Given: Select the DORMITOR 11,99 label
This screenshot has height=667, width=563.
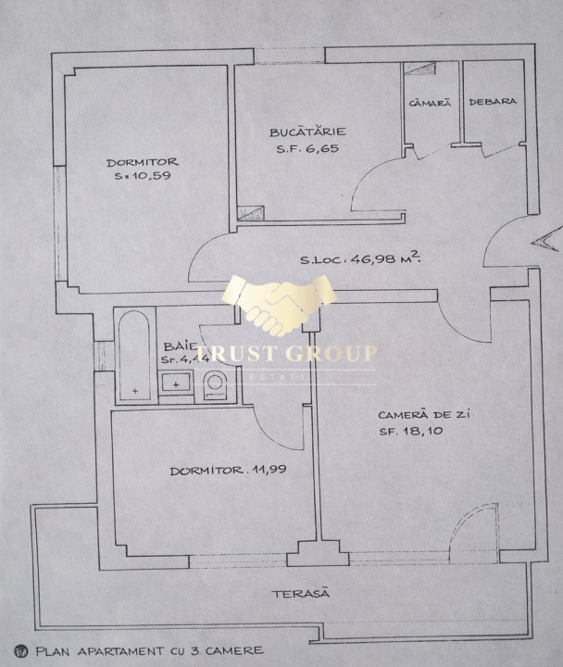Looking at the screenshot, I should (228, 470).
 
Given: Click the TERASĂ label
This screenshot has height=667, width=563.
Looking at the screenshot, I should (299, 593).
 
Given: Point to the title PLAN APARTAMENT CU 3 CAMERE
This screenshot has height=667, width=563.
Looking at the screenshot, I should (149, 650).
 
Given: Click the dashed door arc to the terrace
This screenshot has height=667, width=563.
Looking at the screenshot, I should (472, 524).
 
